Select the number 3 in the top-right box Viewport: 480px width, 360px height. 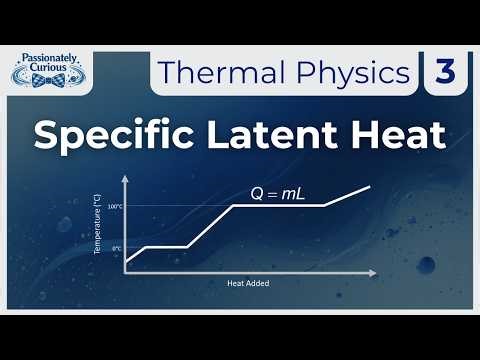click(x=444, y=73)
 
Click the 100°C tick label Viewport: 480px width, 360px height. click(x=113, y=207)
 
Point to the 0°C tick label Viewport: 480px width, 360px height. click(x=116, y=248)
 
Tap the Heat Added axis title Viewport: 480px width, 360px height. click(x=248, y=284)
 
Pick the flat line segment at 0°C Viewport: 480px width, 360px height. click(x=166, y=247)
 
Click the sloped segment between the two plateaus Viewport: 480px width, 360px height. click(x=210, y=226)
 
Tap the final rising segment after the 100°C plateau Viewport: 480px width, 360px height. click(x=348, y=196)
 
